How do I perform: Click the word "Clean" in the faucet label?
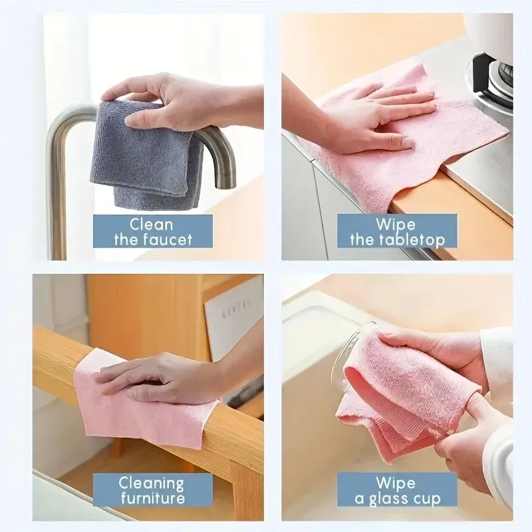click(x=151, y=224)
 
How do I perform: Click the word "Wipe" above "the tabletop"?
click(x=395, y=224)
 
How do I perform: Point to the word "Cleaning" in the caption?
click(x=151, y=483)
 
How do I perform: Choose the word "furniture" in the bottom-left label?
click(x=152, y=499)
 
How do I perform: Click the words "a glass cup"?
click(x=396, y=499)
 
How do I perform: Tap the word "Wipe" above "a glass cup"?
click(x=395, y=483)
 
